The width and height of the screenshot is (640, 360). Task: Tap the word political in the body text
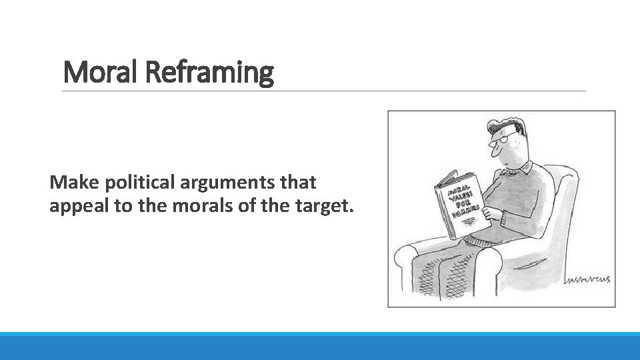(x=129, y=182)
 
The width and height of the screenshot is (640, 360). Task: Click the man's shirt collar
(x=527, y=167)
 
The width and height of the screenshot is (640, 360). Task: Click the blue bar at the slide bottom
(x=320, y=346)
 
